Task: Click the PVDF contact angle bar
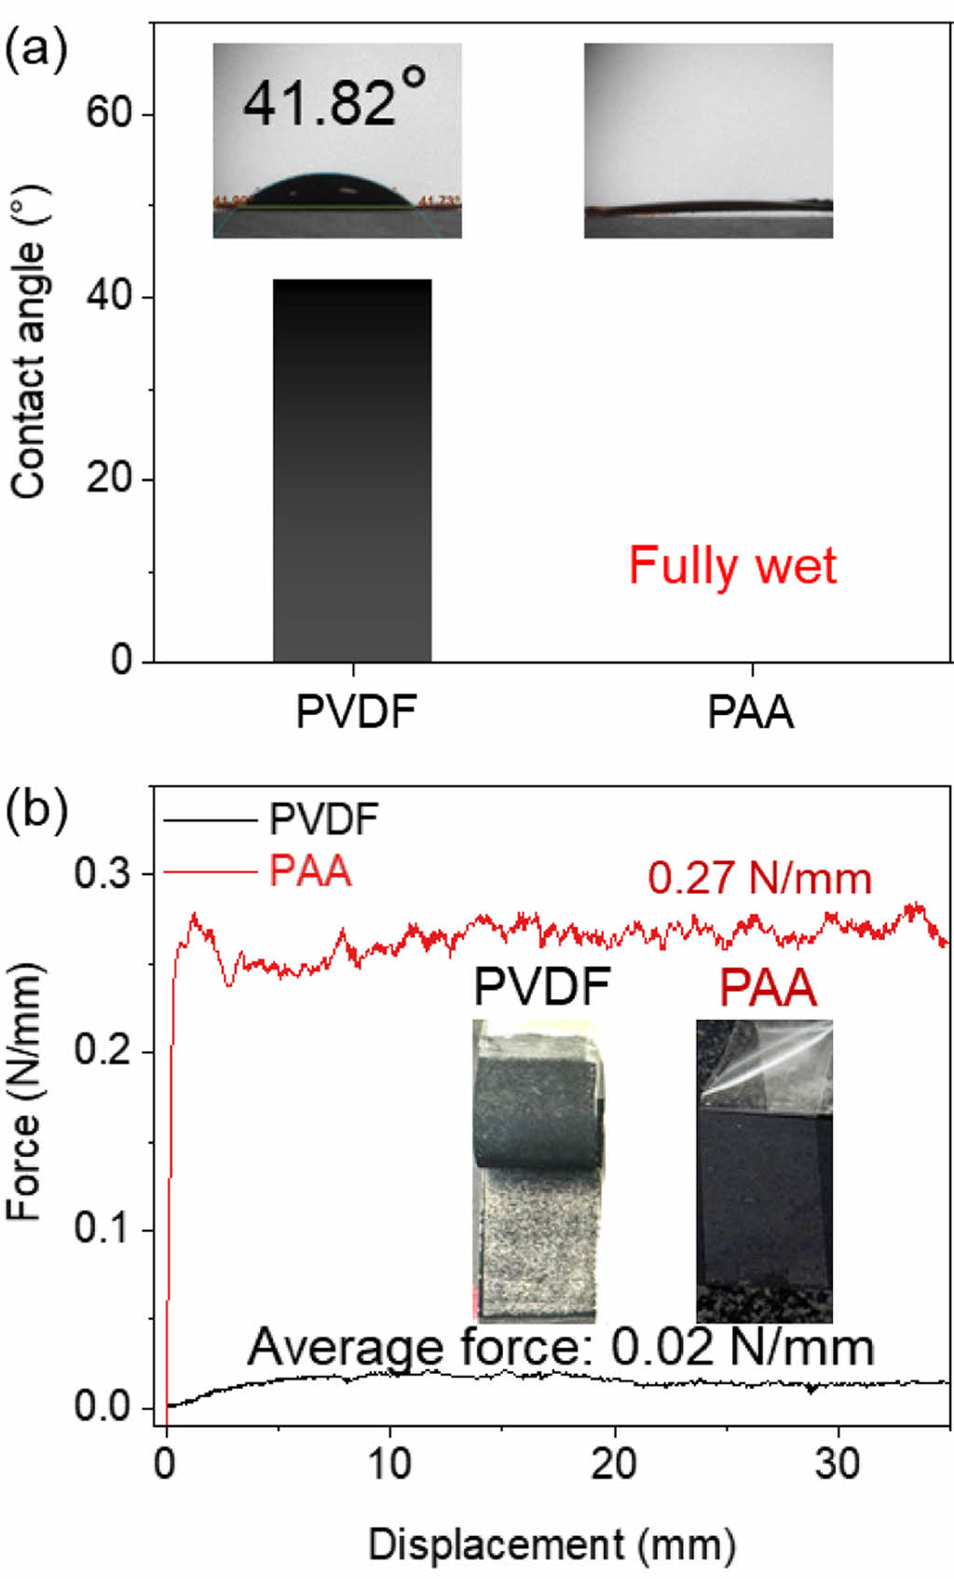pos(352,471)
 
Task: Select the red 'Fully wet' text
pos(732,565)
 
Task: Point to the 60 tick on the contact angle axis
pos(108,113)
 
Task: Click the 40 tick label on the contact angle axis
pos(108,296)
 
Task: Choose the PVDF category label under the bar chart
pos(355,713)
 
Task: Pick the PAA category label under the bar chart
pos(751,713)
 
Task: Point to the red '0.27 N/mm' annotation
pos(759,878)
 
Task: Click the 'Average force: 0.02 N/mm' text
pos(560,1348)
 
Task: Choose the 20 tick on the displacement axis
pos(614,1464)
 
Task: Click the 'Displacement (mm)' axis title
pos(552,1545)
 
